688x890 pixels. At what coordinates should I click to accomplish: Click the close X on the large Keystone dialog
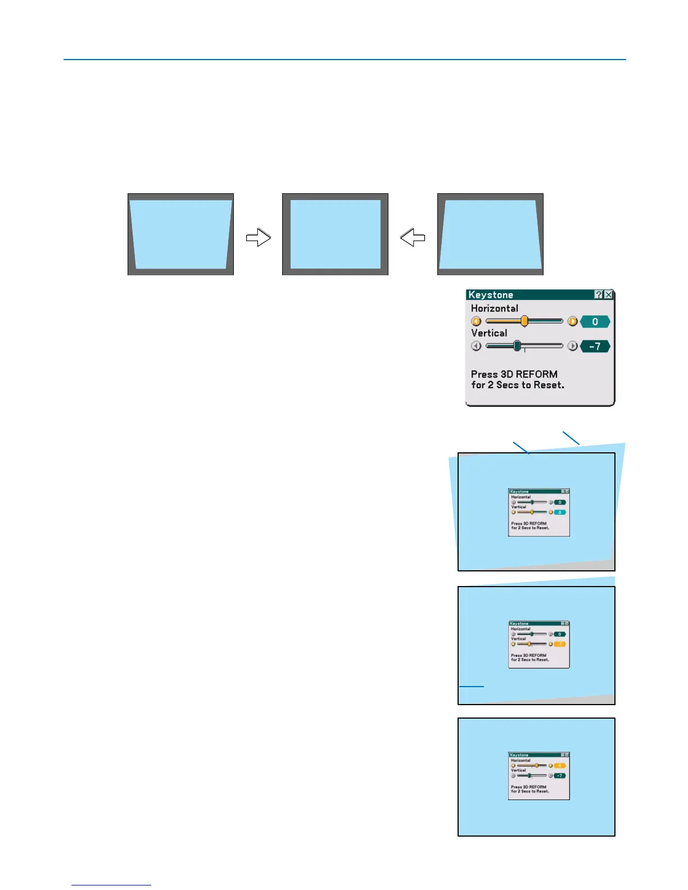tap(608, 295)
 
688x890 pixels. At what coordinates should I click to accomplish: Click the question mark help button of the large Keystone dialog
tap(599, 295)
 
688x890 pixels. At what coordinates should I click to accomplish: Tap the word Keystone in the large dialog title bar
tap(491, 295)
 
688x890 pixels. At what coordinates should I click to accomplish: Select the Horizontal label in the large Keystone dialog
tap(495, 308)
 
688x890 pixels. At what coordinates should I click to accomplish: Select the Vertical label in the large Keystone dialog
tap(489, 333)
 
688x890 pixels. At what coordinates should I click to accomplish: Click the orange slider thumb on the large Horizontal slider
tap(524, 321)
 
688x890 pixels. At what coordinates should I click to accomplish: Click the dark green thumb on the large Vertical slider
tap(517, 346)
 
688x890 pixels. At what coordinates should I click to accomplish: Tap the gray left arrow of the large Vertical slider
tap(476, 346)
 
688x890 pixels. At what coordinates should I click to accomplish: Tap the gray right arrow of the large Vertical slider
tap(572, 346)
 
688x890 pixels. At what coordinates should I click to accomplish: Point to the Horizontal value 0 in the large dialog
tap(595, 322)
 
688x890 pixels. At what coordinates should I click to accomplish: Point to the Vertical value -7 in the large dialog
tap(595, 347)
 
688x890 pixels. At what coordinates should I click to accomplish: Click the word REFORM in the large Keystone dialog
tap(537, 374)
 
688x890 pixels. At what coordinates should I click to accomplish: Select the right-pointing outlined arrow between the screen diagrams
tap(259, 238)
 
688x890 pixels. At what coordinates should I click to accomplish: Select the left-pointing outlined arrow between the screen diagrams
tap(413, 238)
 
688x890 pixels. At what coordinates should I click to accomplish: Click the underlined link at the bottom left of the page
tap(111, 884)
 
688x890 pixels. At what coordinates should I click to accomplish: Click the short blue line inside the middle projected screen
tap(472, 686)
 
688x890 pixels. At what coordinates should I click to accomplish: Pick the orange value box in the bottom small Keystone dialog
tap(560, 766)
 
